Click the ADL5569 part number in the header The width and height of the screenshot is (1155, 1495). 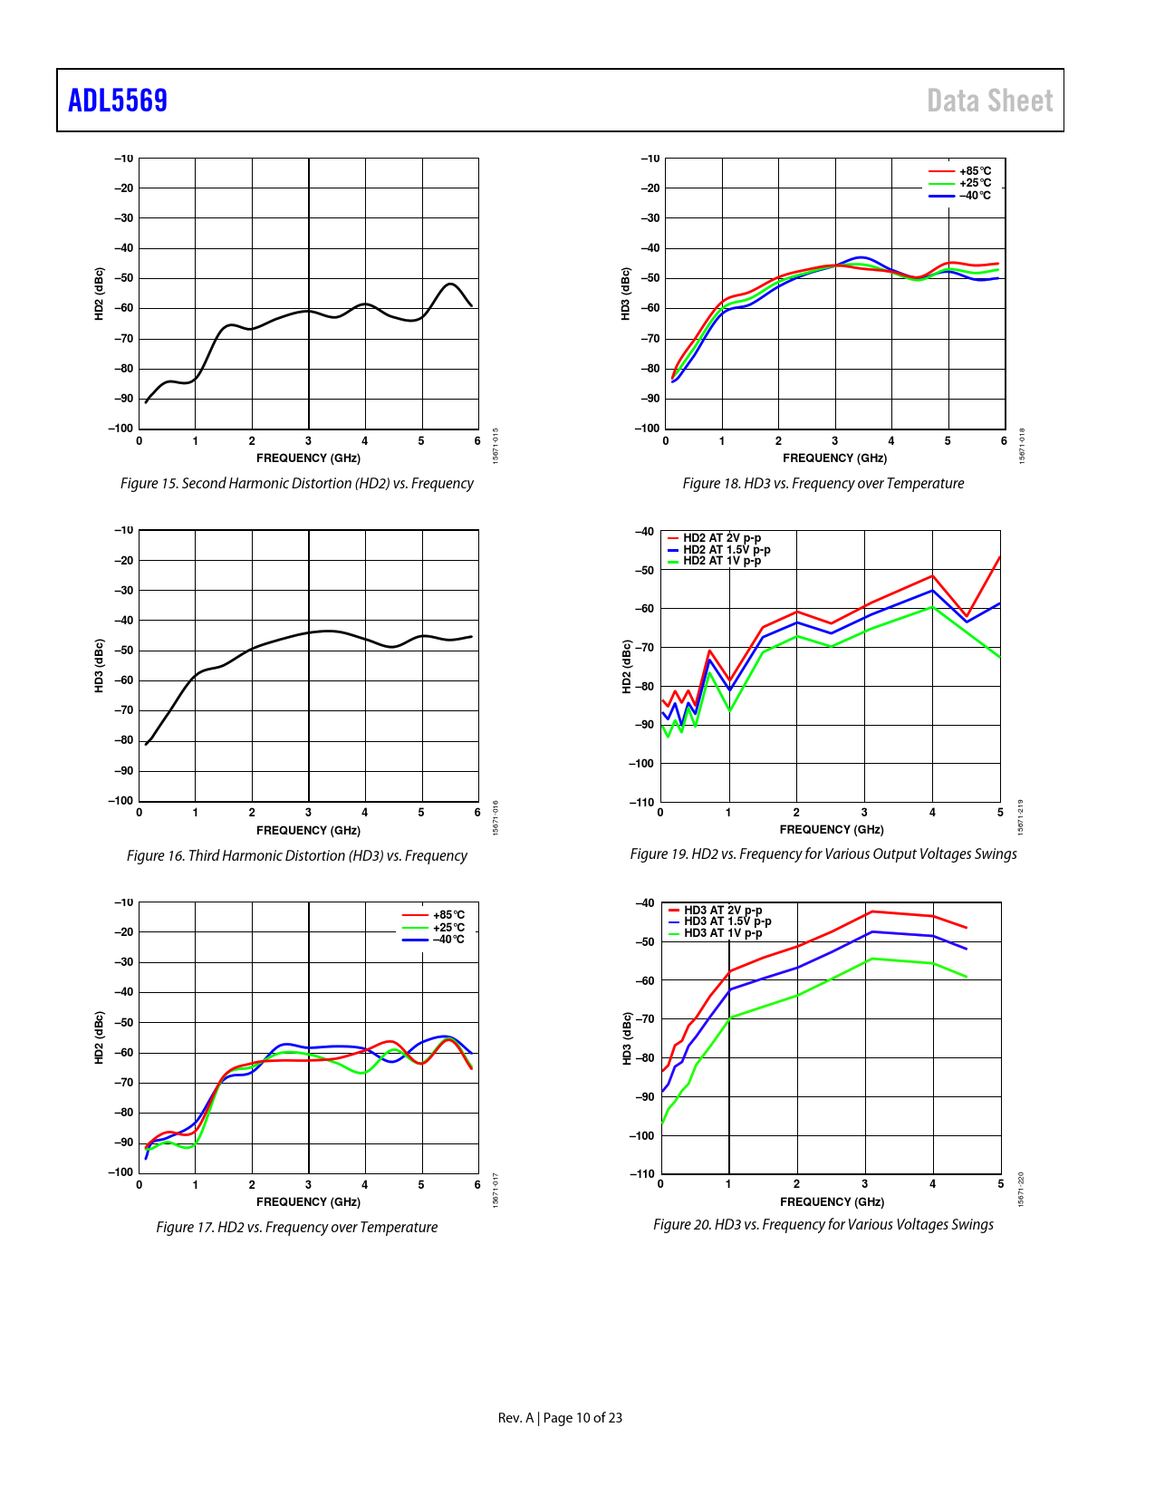click(x=118, y=101)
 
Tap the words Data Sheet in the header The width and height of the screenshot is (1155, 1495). click(x=989, y=101)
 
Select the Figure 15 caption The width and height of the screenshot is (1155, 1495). click(x=297, y=484)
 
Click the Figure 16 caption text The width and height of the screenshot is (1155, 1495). click(x=297, y=856)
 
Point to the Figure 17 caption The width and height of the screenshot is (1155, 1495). click(x=297, y=1228)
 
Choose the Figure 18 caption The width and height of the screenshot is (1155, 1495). click(x=823, y=484)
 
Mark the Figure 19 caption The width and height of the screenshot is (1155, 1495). click(x=823, y=854)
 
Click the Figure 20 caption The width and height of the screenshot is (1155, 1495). click(x=823, y=1225)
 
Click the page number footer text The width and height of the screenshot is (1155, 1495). click(x=560, y=1418)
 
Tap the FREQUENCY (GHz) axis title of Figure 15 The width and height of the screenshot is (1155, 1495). click(x=308, y=458)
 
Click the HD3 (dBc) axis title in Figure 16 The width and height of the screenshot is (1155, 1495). click(x=100, y=666)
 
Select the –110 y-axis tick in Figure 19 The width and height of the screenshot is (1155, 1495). click(x=641, y=803)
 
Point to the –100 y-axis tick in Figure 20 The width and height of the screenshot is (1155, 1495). click(x=641, y=1136)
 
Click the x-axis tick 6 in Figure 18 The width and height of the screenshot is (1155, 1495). click(x=1004, y=441)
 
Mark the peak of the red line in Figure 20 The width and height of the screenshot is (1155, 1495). click(x=871, y=911)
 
